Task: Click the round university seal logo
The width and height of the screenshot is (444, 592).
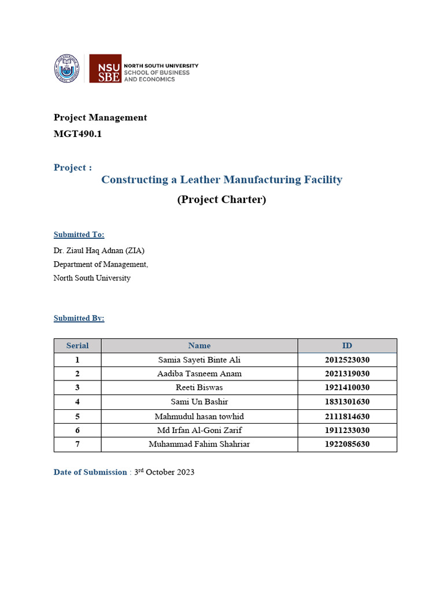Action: (x=67, y=68)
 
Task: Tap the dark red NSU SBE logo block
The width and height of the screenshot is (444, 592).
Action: (x=105, y=69)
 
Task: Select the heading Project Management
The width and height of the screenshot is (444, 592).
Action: (x=100, y=117)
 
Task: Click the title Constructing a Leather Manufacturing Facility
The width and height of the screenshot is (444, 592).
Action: (x=221, y=180)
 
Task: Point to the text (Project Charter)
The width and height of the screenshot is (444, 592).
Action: (x=221, y=199)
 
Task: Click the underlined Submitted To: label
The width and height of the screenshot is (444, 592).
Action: (x=79, y=235)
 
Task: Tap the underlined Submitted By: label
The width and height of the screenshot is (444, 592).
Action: (x=79, y=318)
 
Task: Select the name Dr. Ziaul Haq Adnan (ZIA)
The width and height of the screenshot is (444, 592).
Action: (x=99, y=250)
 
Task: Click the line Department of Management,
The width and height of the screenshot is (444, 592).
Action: (x=101, y=264)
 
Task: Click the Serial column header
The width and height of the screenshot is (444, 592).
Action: (x=77, y=346)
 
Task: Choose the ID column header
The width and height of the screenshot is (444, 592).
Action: (x=347, y=346)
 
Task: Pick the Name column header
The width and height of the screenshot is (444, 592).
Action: (x=199, y=346)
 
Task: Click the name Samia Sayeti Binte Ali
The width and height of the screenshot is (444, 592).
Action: (x=199, y=360)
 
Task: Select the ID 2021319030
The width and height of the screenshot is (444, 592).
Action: (x=347, y=373)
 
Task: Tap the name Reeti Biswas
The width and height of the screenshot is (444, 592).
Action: (x=199, y=387)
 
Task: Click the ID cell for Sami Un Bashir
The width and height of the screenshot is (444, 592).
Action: (x=347, y=402)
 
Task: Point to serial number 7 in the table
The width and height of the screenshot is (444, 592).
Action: (x=77, y=444)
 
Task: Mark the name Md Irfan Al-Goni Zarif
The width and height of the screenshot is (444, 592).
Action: (x=199, y=430)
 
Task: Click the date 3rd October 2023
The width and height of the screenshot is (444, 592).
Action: (x=164, y=472)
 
